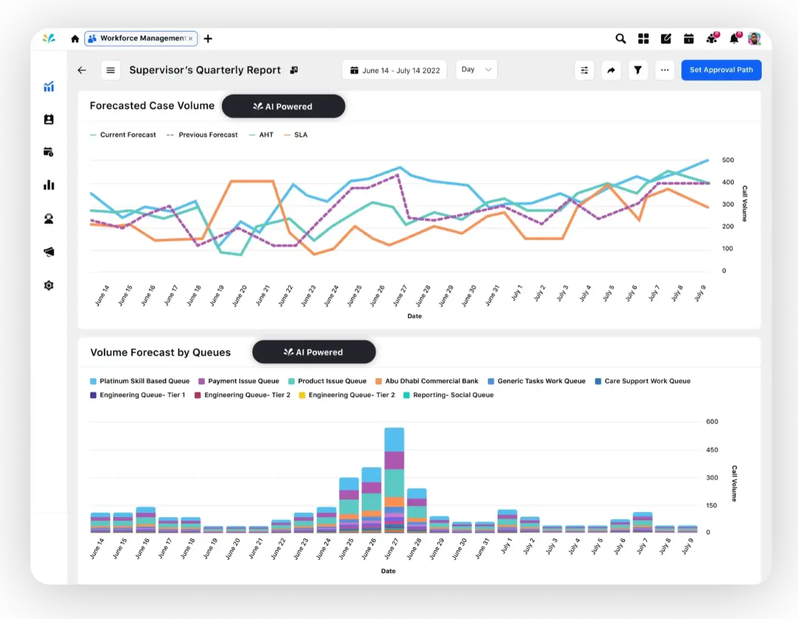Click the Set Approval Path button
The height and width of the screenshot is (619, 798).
721,70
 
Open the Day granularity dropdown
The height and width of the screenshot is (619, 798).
476,70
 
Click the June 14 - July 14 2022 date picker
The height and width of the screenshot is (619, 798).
394,70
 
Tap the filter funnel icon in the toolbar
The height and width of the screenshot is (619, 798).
638,70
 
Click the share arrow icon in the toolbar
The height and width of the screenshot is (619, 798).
611,70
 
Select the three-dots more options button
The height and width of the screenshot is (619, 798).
664,70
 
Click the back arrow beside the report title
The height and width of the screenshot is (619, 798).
82,70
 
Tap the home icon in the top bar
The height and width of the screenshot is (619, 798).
75,38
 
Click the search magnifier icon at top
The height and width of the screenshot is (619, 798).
620,38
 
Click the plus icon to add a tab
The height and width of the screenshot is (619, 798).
208,38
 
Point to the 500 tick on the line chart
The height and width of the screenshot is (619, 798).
727,160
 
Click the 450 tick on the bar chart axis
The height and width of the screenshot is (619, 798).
712,450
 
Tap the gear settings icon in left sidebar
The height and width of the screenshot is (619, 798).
49,286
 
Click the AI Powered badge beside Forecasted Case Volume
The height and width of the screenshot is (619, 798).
283,106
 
